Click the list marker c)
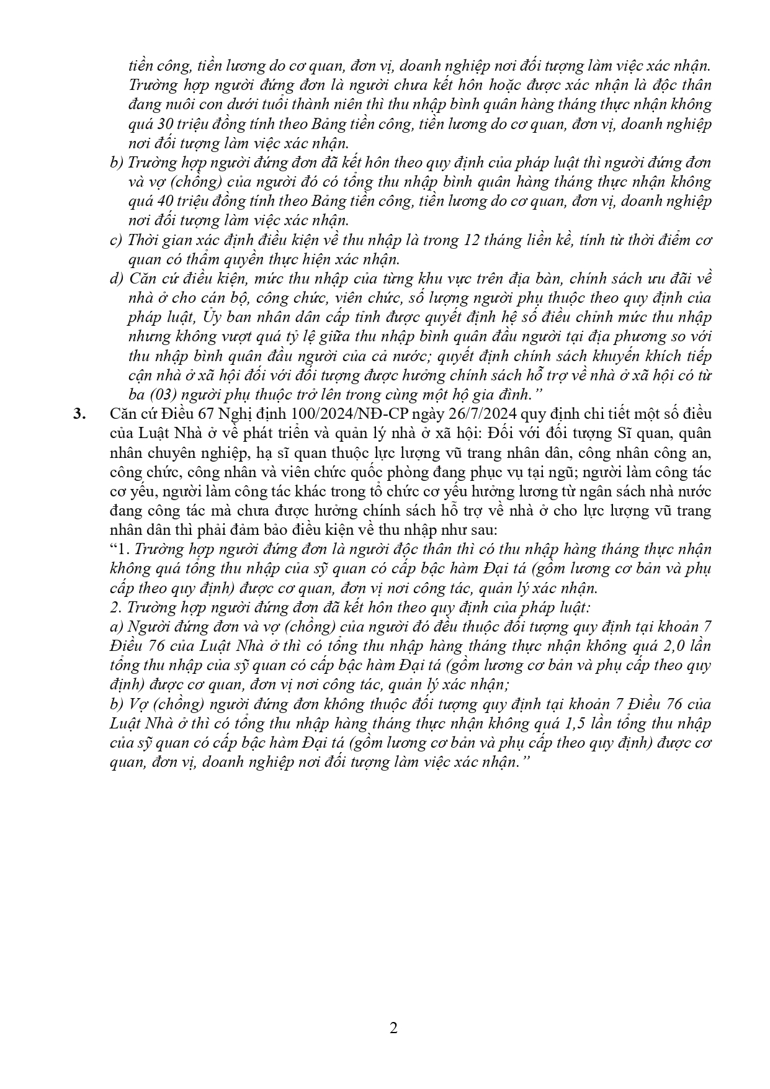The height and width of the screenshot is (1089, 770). tap(115, 240)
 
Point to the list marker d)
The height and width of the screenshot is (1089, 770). tap(116, 279)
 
